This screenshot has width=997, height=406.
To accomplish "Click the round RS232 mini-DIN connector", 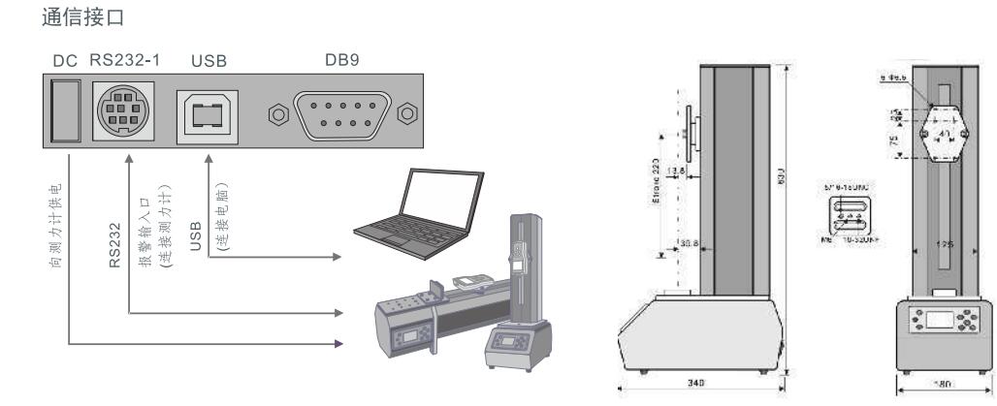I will click(119, 113).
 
